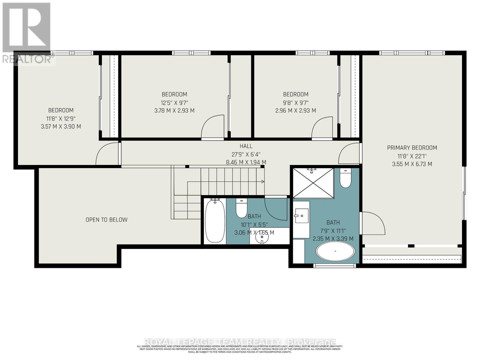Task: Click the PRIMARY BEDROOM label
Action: click(x=412, y=148)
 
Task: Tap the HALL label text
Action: click(x=246, y=146)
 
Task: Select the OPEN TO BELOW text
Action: click(x=106, y=220)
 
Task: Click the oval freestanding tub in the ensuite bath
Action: click(x=335, y=251)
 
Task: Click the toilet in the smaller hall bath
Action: click(x=241, y=208)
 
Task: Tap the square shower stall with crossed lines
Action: click(x=313, y=183)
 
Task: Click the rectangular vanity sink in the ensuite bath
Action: click(x=301, y=215)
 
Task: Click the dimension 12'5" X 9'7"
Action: click(x=175, y=102)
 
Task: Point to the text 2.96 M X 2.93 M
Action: click(x=295, y=110)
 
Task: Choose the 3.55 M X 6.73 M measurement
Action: click(x=412, y=164)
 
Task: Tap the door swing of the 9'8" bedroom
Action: click(x=322, y=129)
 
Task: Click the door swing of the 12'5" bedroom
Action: click(x=212, y=127)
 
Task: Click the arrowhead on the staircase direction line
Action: click(x=263, y=181)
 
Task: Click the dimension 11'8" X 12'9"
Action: click(x=61, y=118)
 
